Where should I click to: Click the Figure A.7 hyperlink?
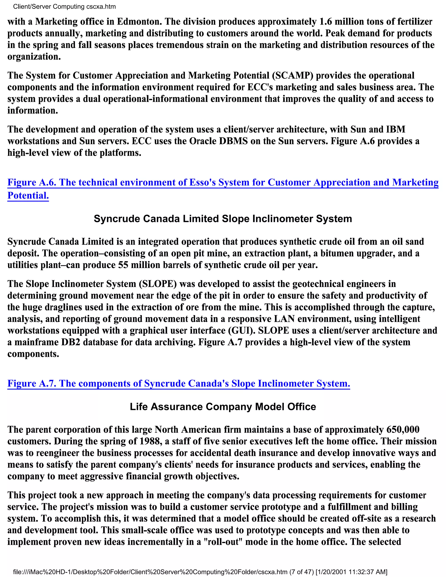tap(179, 383)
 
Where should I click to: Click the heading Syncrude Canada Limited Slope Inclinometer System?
tap(223, 219)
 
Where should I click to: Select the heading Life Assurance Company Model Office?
tap(223, 407)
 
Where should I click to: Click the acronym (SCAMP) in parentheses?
tap(292, 76)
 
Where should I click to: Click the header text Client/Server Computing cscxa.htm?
tap(64, 7)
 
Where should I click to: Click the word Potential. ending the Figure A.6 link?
tap(28, 196)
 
